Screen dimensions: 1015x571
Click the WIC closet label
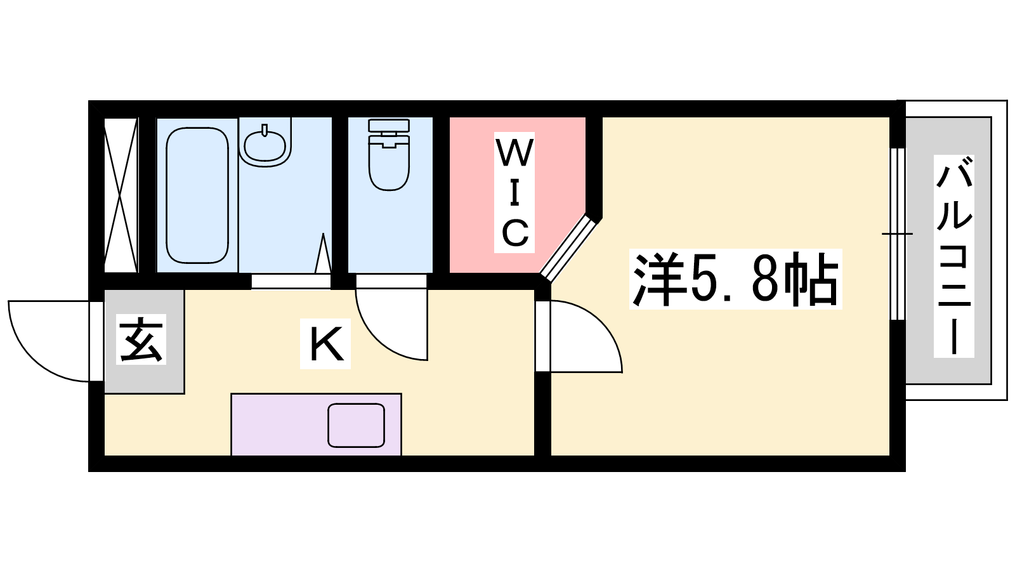[514, 192]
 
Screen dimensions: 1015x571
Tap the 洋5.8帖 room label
[735, 279]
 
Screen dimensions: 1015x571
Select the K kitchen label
[325, 343]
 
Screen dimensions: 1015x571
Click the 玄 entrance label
[141, 339]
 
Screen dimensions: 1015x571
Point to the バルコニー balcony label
[954, 256]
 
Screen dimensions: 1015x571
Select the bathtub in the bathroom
[197, 195]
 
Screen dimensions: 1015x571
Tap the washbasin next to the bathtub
[265, 142]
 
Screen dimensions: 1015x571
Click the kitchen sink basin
[356, 425]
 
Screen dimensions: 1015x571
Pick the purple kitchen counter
[317, 424]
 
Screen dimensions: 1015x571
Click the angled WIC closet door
[568, 248]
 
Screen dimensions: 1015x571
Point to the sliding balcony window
[897, 234]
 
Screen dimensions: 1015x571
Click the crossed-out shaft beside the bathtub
[121, 195]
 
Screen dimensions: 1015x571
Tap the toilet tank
[390, 126]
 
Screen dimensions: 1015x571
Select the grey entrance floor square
[144, 342]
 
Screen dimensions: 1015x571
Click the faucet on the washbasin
[265, 130]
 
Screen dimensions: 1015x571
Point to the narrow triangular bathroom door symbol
[323, 254]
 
